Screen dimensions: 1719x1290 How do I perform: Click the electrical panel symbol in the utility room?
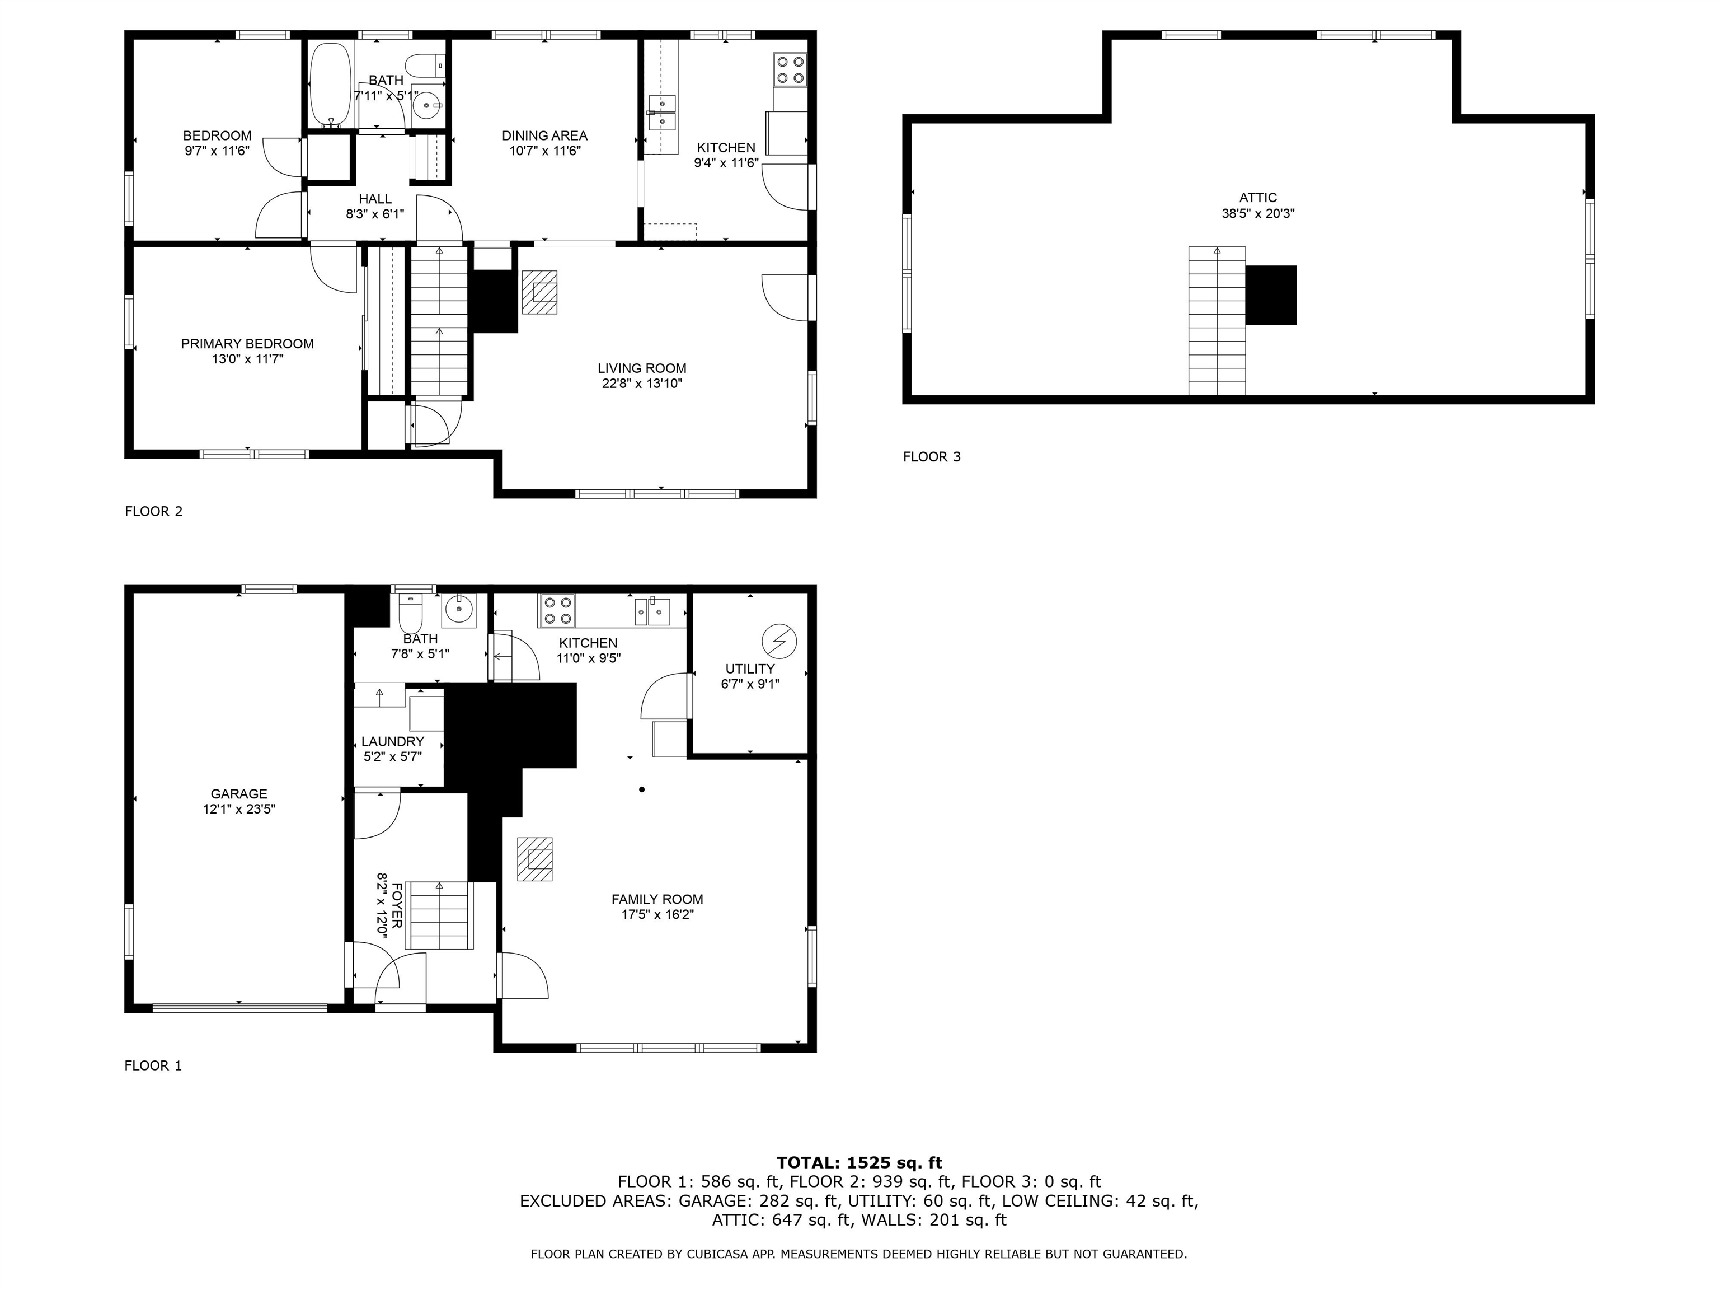(x=779, y=641)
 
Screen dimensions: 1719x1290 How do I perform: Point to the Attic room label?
(x=1258, y=198)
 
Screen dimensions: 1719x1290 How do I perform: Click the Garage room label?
(x=238, y=794)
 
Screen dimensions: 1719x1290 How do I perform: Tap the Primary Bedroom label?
(x=247, y=344)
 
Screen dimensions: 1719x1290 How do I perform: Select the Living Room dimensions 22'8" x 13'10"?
(x=642, y=384)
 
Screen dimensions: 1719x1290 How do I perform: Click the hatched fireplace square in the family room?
(x=534, y=858)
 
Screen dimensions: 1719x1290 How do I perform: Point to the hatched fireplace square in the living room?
(x=539, y=292)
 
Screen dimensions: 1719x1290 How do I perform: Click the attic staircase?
(x=1217, y=321)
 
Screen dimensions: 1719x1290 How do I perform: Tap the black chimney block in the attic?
(x=1271, y=295)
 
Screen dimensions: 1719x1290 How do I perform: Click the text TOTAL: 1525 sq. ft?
(x=859, y=1163)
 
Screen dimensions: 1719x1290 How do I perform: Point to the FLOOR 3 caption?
(x=932, y=456)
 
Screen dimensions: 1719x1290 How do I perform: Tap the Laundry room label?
(x=392, y=742)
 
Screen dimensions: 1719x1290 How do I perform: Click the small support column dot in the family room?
(x=642, y=790)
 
